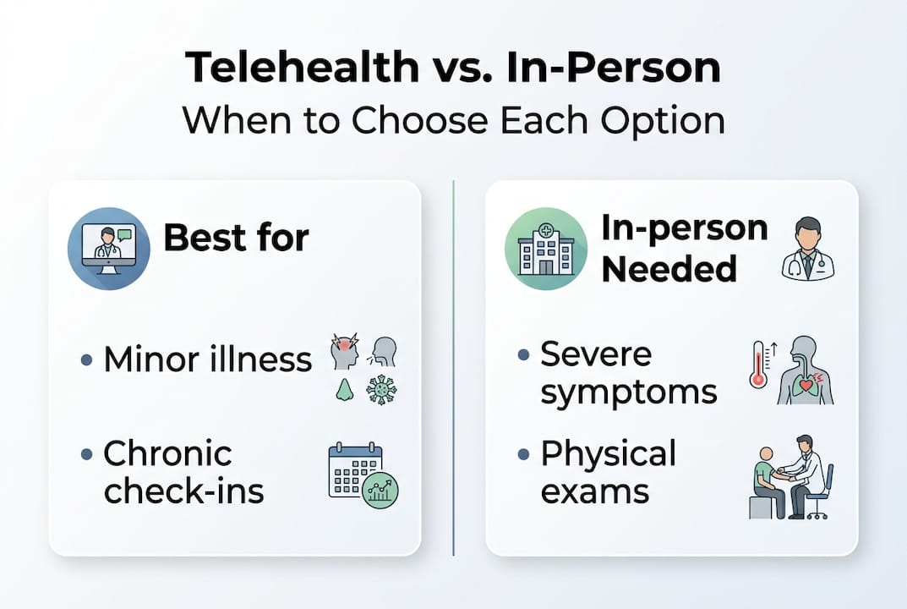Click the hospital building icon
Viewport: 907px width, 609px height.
click(x=545, y=249)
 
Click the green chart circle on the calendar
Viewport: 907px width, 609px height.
click(x=380, y=490)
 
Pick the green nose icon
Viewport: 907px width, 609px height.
click(x=343, y=389)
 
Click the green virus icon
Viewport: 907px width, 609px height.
click(x=380, y=390)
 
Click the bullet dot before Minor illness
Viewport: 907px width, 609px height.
click(x=87, y=360)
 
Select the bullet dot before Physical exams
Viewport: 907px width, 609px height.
click(x=524, y=454)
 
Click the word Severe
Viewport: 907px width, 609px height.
click(x=596, y=353)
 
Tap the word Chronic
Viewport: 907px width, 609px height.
click(x=167, y=453)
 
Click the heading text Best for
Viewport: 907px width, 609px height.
click(x=236, y=239)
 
